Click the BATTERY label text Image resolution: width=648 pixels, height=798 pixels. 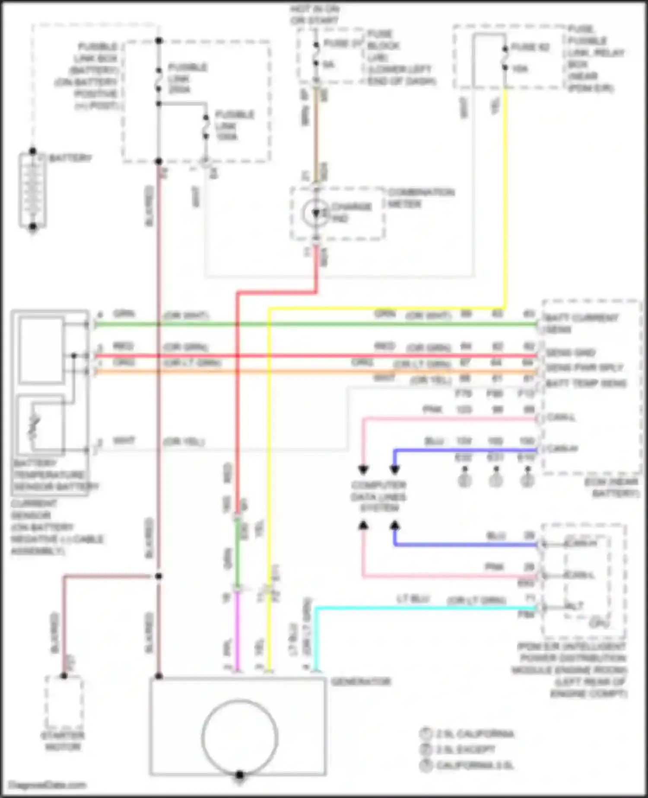click(x=70, y=158)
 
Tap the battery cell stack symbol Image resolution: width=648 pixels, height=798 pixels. click(x=32, y=190)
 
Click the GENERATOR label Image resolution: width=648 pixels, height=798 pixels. click(x=361, y=682)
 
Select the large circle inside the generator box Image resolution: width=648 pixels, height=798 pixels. click(x=240, y=737)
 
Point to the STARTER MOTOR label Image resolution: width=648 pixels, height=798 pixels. click(x=63, y=741)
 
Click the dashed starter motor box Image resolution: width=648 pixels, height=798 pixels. click(x=64, y=702)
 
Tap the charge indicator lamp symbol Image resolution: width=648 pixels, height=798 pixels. click(x=316, y=213)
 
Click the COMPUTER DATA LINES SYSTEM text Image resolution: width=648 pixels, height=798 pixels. click(x=379, y=497)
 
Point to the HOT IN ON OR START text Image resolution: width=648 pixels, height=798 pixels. click(x=315, y=14)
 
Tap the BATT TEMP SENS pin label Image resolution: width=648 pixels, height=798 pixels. click(x=586, y=383)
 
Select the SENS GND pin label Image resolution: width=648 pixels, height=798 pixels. click(x=570, y=353)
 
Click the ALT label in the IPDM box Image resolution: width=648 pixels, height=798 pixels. click(x=575, y=606)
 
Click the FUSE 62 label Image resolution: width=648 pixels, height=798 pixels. click(x=530, y=47)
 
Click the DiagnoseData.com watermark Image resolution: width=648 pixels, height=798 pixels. click(x=48, y=785)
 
